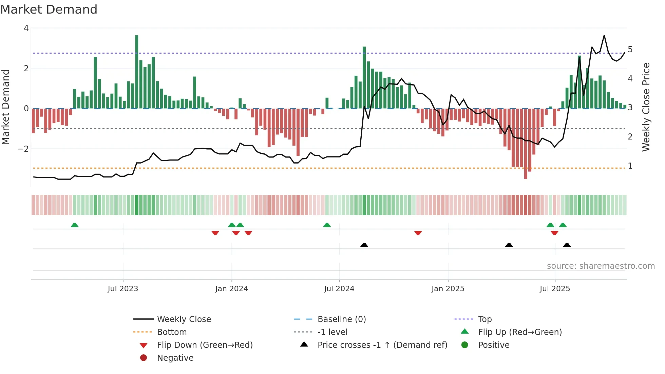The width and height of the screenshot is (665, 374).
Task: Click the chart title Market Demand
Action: pos(49,10)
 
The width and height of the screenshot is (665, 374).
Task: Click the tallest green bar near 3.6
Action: pos(137,71)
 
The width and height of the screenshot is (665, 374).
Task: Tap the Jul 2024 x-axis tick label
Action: pos(339,289)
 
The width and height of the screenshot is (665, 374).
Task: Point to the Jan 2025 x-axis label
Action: pos(448,289)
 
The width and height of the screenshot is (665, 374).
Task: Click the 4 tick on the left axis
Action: pos(26,28)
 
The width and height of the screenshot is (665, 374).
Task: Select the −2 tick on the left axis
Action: pos(23,149)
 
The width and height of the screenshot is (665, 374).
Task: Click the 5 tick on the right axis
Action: pos(630,50)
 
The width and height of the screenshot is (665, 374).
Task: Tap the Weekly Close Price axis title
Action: pos(646,107)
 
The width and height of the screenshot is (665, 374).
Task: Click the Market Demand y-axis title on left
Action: pos(6,107)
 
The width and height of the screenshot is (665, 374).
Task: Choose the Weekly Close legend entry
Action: pos(184,319)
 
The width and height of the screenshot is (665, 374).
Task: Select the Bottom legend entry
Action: pos(172,332)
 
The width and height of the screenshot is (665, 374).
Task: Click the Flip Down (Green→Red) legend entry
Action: pos(205,345)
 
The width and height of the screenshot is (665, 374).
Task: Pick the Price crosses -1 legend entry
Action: pos(382,345)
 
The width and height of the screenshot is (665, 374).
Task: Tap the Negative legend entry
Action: pos(175,358)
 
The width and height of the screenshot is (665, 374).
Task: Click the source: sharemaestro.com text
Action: pos(601,266)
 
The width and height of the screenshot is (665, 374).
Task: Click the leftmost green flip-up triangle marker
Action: pos(75,225)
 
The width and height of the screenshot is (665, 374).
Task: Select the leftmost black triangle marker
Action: pos(364,245)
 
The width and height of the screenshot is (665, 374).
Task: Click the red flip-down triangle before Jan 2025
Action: pos(418,233)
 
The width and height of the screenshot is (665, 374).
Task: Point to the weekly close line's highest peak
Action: pos(604,36)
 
